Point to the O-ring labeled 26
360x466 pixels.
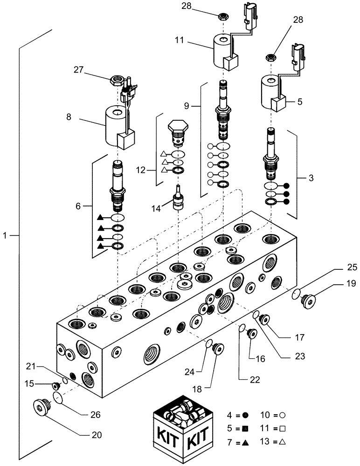coord(57,398)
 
